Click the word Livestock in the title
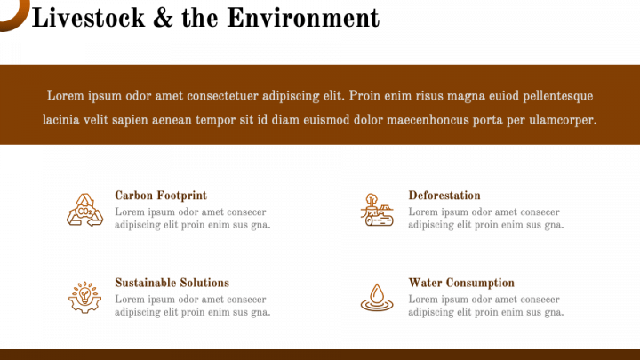coord(88,18)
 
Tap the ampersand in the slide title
coord(163,19)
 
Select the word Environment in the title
coord(303,18)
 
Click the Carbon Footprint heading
coord(161,196)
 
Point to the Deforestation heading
coord(444,196)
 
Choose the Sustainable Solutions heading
coord(172,283)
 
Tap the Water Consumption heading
coord(461,283)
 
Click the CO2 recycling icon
coord(85,210)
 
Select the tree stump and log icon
coord(377,210)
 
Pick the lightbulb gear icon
coord(85,297)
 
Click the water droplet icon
coord(377,297)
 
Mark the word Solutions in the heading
coord(204,283)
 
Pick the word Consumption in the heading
coord(480,283)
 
